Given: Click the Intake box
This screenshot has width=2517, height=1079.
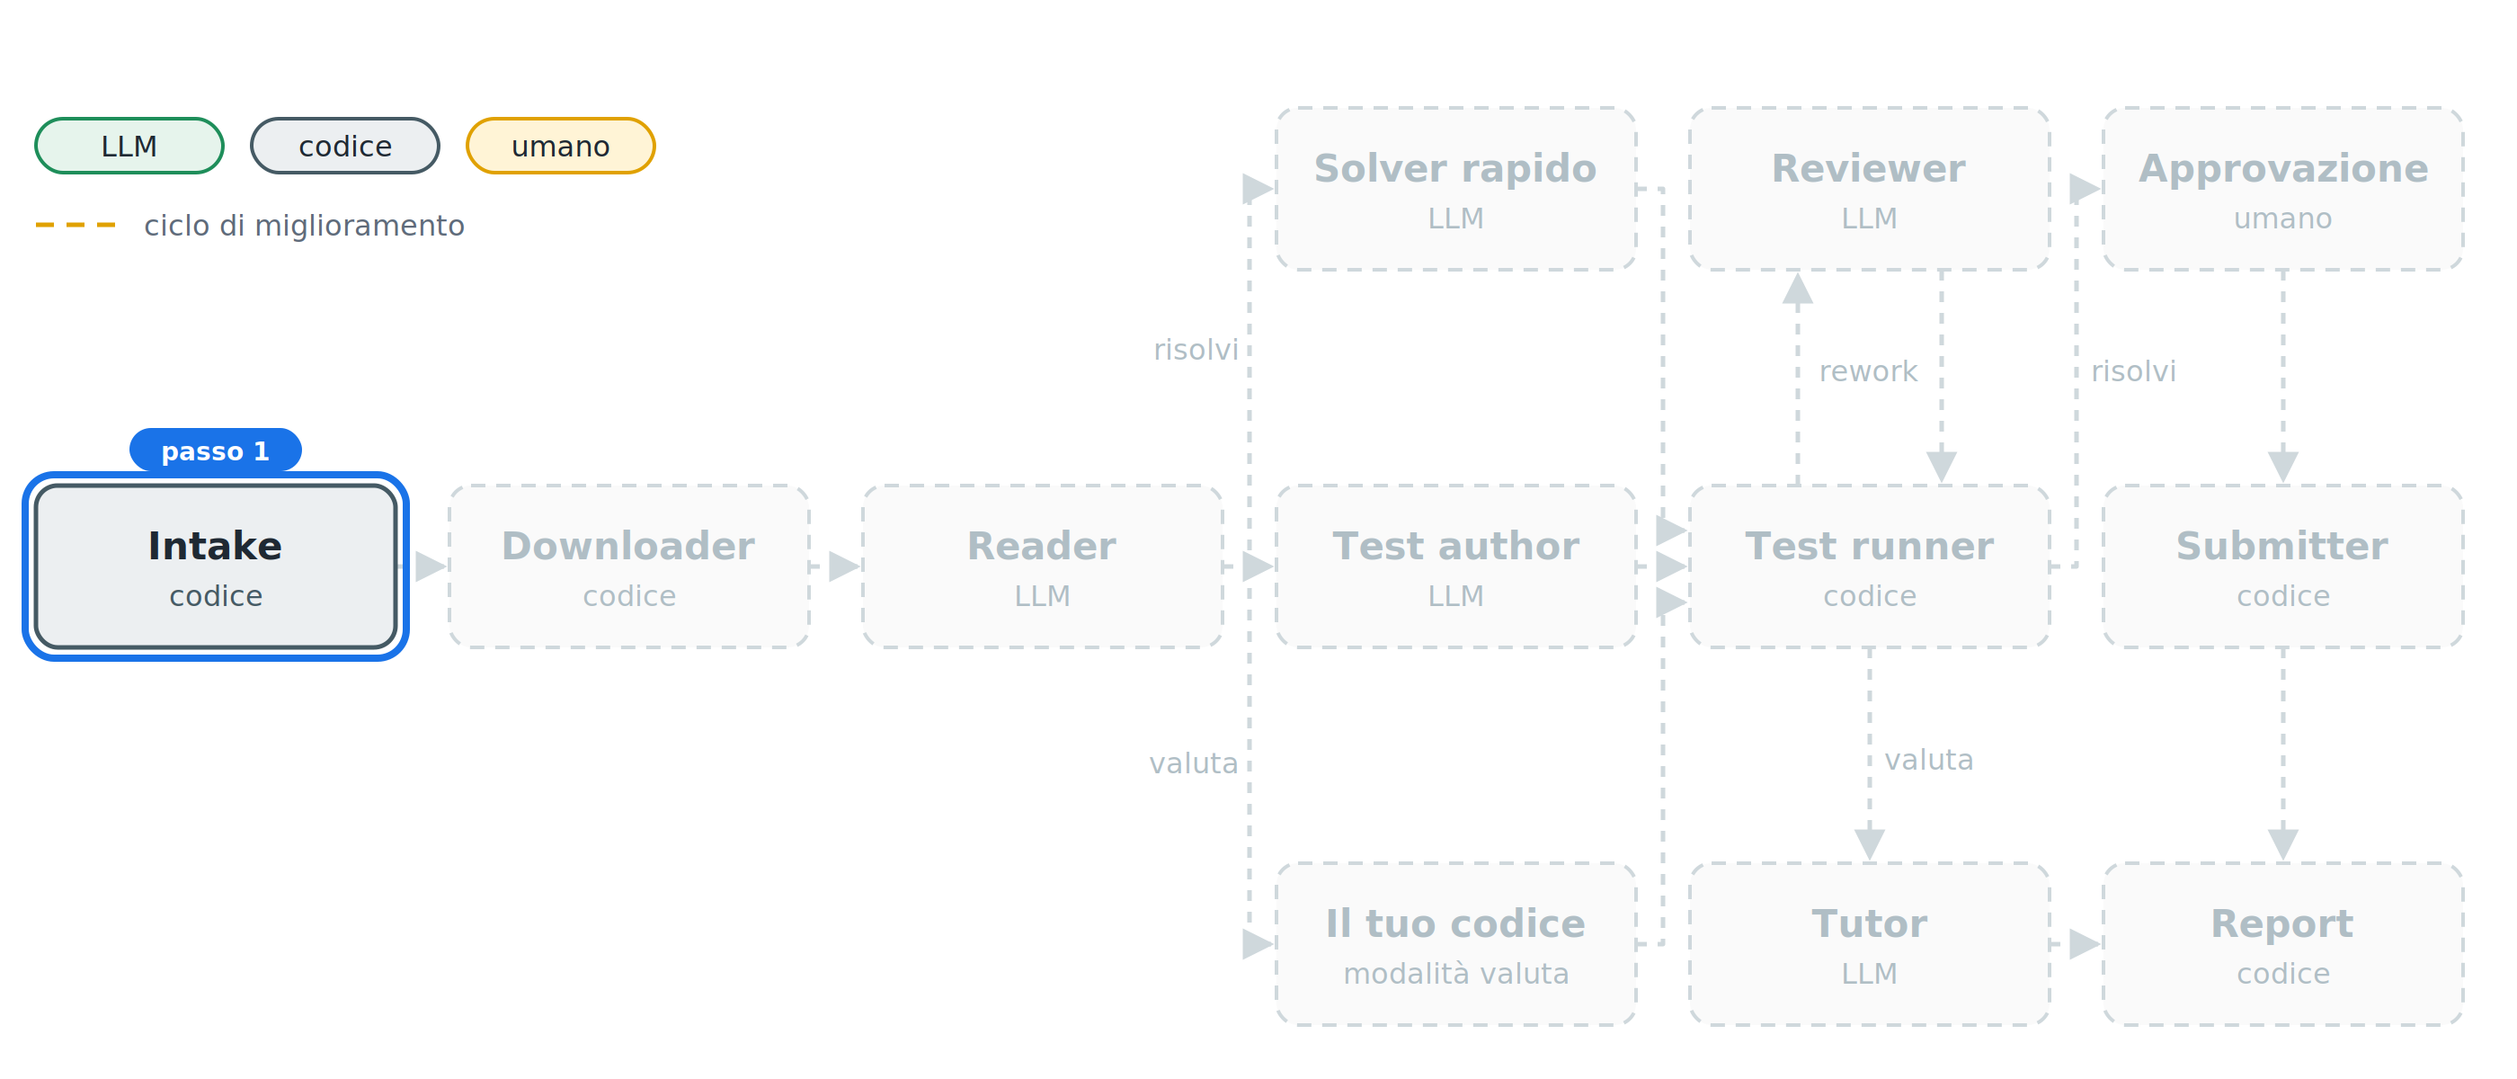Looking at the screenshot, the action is (215, 566).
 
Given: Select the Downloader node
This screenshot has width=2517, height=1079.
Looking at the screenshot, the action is (628, 566).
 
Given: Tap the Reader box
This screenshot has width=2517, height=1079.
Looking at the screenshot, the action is (1042, 566).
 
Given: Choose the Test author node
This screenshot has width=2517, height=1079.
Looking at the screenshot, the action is (1456, 566).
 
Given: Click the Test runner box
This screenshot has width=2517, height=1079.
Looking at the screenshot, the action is (1869, 566).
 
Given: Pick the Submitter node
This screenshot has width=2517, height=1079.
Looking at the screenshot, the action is (2282, 566).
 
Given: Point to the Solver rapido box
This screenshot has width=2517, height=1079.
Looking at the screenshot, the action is (1456, 189).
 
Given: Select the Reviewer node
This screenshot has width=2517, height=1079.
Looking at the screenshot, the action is (1869, 189).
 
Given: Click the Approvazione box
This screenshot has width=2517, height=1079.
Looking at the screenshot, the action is (2282, 189).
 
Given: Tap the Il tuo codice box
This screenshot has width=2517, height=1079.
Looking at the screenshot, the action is (1456, 944).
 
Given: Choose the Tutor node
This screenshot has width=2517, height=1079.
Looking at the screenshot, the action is (1869, 944).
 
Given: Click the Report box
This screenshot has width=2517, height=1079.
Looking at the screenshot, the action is (2282, 944).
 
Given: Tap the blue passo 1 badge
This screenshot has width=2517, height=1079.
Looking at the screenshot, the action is (215, 450).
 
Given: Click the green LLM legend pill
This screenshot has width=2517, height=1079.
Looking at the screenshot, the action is (129, 146).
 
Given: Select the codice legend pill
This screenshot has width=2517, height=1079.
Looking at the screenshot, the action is (345, 146).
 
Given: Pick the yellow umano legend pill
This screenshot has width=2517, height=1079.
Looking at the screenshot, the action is (561, 146).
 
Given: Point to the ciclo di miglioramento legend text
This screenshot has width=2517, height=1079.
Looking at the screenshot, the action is (304, 226).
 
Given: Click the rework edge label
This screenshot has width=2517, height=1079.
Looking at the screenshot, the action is (1868, 371).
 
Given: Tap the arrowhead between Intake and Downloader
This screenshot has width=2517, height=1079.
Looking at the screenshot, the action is (431, 566).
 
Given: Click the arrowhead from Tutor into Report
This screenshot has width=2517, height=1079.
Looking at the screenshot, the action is (2086, 944).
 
